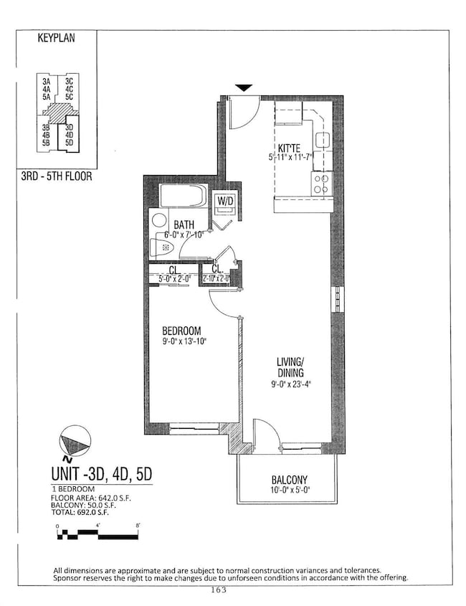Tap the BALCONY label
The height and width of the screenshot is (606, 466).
[x=290, y=480]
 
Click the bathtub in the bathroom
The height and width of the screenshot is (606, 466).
[x=183, y=196]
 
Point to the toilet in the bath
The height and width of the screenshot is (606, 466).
[x=162, y=247]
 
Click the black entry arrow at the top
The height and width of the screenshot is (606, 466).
[x=244, y=87]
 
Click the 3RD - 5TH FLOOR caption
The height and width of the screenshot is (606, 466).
[x=57, y=175]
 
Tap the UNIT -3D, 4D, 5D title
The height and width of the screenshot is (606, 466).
[x=102, y=474]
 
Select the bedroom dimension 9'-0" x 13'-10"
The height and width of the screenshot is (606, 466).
[x=184, y=341]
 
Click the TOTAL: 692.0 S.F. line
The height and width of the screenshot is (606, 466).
[x=87, y=513]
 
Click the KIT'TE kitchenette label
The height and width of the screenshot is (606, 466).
[x=288, y=149]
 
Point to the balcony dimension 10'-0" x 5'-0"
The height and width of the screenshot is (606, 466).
[x=290, y=492]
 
